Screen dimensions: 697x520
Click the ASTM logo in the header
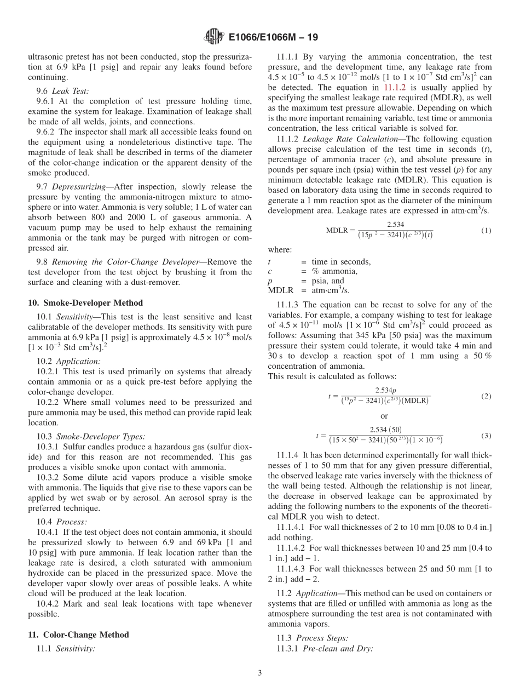click(x=213, y=37)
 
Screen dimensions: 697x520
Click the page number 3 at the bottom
click(x=260, y=673)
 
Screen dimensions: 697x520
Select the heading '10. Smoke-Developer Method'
click(x=85, y=302)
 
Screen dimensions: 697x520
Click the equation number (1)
click(x=486, y=231)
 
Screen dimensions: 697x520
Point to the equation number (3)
click(x=486, y=436)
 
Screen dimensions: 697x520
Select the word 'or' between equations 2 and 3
click(x=384, y=416)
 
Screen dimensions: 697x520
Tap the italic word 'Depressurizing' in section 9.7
click(x=77, y=187)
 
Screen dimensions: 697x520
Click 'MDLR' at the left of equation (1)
click(x=337, y=231)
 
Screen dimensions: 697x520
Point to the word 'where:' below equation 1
click(x=280, y=249)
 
